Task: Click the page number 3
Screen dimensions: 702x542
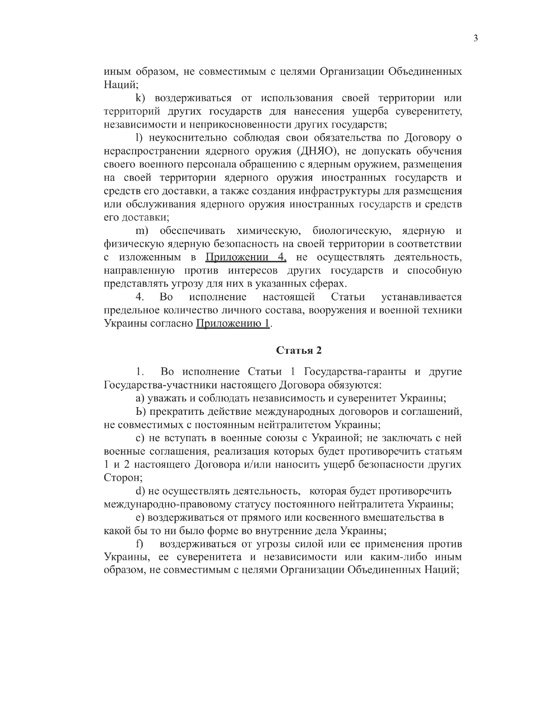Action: (476, 39)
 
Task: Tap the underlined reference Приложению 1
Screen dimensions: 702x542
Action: (233, 323)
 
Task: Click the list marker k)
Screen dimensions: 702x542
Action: (140, 98)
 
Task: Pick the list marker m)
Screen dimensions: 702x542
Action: (144, 231)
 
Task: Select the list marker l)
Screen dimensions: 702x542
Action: (139, 138)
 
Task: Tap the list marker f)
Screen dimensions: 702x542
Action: (139, 544)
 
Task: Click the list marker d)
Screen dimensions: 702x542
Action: (141, 491)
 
